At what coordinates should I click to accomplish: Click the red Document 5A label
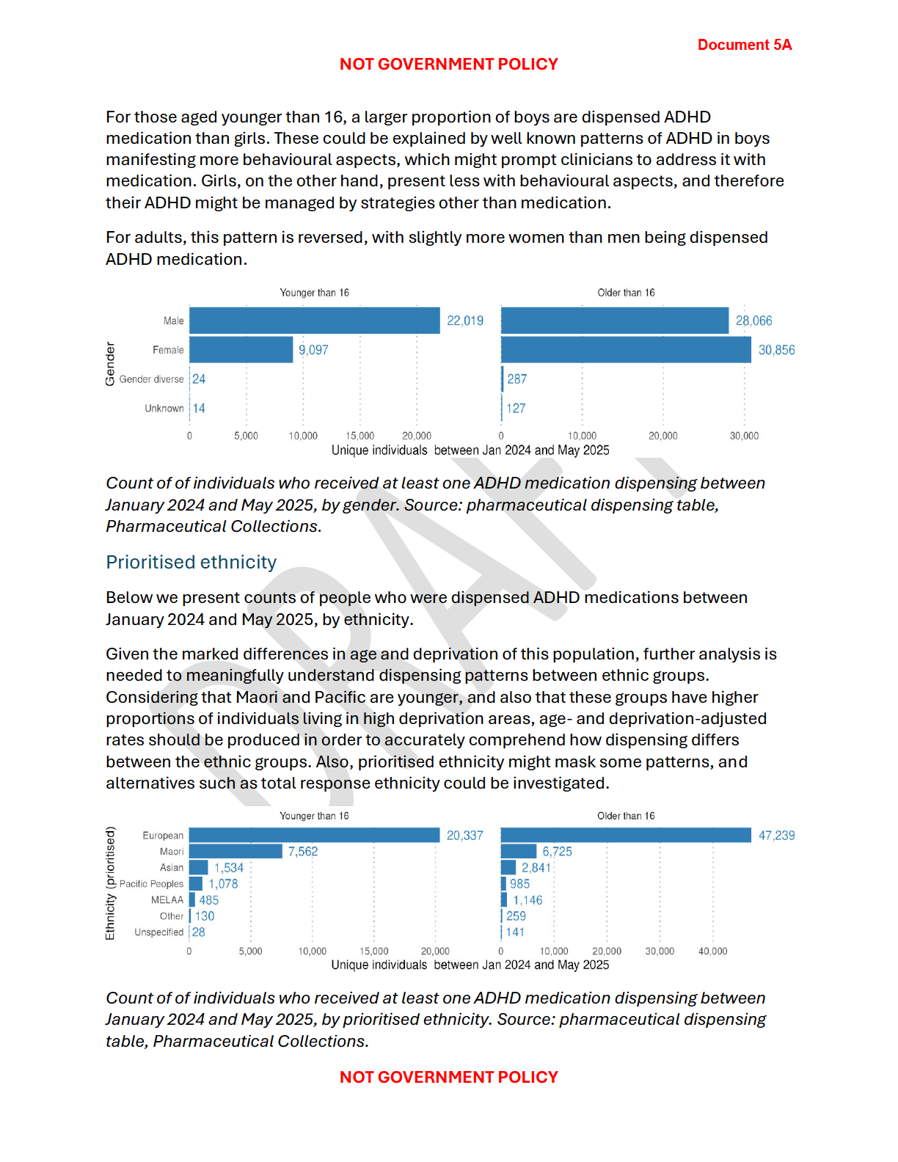click(x=744, y=45)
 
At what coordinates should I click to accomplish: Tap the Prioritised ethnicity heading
click(x=191, y=562)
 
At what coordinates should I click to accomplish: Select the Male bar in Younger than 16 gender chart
click(x=314, y=321)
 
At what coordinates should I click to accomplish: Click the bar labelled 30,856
click(x=626, y=350)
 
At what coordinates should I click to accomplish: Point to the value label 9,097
click(x=313, y=350)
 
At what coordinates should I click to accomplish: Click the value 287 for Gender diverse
click(x=517, y=379)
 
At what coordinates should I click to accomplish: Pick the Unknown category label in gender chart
click(x=164, y=409)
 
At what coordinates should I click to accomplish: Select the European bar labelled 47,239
click(x=626, y=835)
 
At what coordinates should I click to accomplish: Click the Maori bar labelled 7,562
click(x=236, y=851)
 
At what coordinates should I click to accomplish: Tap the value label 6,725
click(x=557, y=852)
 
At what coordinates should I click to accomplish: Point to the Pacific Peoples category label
click(x=151, y=884)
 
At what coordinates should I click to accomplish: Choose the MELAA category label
click(x=167, y=900)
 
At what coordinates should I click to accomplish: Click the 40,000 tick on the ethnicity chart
click(x=712, y=951)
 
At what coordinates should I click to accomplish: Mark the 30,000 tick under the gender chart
click(x=744, y=436)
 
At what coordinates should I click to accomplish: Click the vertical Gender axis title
click(x=110, y=364)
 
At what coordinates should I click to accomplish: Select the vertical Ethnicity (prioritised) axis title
click(x=110, y=883)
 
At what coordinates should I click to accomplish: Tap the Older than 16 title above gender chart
click(x=626, y=293)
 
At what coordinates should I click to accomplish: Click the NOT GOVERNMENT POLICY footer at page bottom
click(x=448, y=1077)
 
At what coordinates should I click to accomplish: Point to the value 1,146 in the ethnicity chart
click(x=528, y=900)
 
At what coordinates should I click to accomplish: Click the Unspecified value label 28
click(x=199, y=932)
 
